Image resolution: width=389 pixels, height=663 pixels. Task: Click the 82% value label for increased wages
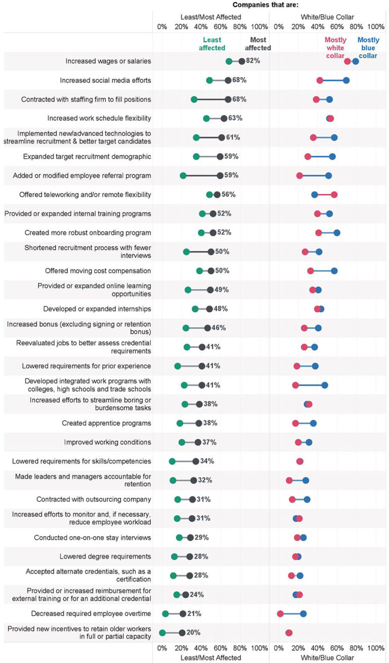tap(253, 61)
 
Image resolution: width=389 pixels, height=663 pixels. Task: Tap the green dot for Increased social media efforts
tap(210, 80)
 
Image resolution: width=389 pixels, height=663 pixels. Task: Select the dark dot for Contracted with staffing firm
tap(228, 99)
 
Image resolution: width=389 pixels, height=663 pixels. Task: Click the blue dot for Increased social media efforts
tap(346, 80)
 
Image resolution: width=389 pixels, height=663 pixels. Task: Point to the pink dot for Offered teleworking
tap(334, 194)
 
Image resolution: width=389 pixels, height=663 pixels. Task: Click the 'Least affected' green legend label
tap(212, 44)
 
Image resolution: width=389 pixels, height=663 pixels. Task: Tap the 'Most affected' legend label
tap(258, 44)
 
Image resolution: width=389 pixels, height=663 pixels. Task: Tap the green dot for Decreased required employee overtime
tap(165, 614)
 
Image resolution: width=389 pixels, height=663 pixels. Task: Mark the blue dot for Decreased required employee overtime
tap(303, 614)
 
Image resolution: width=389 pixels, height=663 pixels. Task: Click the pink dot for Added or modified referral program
tap(299, 176)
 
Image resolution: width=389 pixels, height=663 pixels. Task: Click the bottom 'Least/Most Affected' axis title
tap(211, 657)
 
